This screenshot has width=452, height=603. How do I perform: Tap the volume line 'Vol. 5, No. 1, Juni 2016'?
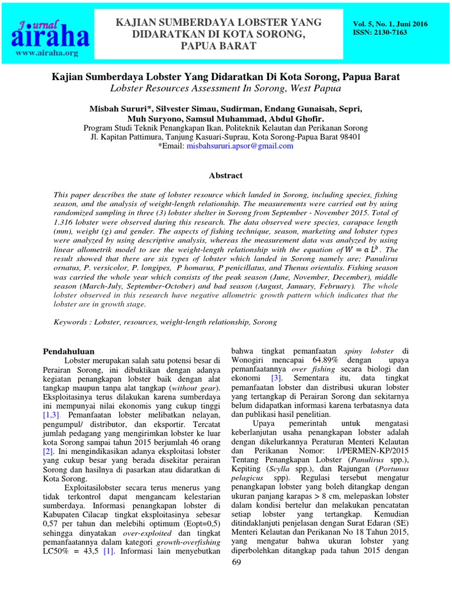pos(390,24)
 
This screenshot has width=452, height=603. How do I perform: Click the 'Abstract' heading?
pos(225,175)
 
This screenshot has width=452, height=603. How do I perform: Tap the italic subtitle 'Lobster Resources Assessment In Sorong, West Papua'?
pos(225,88)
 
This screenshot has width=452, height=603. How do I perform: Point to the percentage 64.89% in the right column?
pos(303,360)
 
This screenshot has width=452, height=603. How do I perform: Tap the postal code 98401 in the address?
pos(348,137)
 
